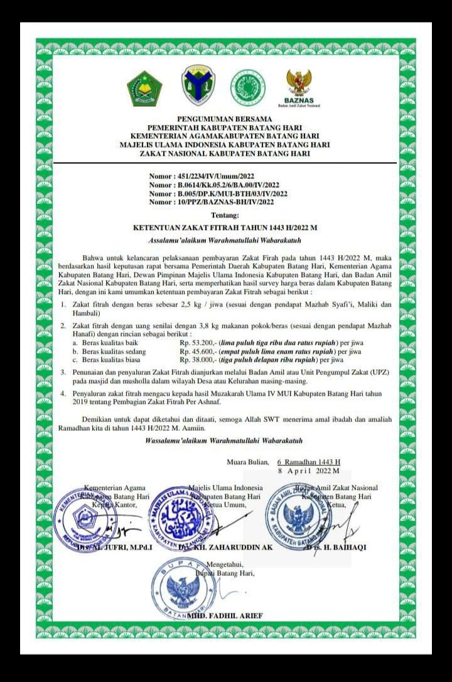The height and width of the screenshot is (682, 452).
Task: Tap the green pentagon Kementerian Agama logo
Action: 144,89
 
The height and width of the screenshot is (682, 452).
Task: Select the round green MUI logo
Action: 247,88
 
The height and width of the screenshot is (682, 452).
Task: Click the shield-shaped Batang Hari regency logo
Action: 198,86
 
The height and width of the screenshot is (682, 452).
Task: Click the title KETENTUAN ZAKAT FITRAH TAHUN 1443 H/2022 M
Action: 225,229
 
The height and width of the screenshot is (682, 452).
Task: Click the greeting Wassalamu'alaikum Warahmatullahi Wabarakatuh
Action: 224,440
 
